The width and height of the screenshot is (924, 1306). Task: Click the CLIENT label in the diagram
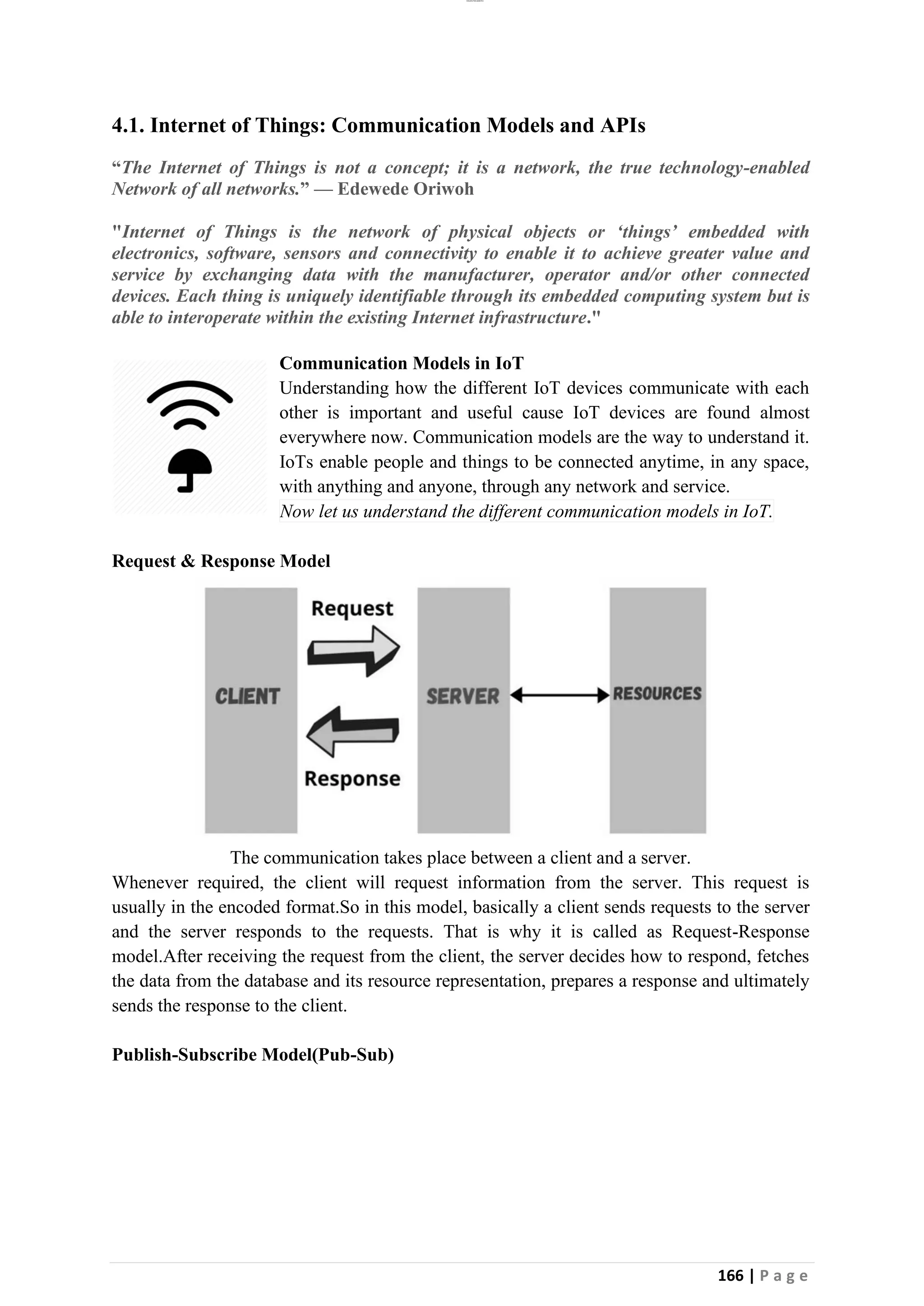(x=248, y=696)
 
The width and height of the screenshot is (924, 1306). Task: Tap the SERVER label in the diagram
(x=462, y=696)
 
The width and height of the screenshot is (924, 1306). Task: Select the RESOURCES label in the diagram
(x=657, y=694)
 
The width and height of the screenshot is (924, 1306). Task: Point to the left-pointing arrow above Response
(x=353, y=731)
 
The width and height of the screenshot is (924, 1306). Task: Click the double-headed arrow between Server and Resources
(x=560, y=694)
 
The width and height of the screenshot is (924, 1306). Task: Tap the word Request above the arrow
(x=352, y=609)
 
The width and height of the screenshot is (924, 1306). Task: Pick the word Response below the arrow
(x=352, y=778)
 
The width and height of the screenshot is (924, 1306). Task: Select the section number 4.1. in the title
(x=128, y=125)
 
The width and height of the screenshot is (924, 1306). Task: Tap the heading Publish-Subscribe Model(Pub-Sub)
(x=253, y=1054)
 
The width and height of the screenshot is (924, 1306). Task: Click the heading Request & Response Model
(x=221, y=561)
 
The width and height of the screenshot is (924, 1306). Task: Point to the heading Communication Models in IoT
(x=401, y=363)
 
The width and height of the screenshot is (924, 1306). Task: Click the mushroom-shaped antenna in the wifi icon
(x=189, y=468)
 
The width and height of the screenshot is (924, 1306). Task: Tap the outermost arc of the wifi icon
(x=189, y=388)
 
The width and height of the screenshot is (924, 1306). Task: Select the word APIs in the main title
(x=623, y=125)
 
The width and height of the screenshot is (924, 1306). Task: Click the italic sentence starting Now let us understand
(x=526, y=511)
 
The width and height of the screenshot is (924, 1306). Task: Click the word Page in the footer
(x=784, y=1276)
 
